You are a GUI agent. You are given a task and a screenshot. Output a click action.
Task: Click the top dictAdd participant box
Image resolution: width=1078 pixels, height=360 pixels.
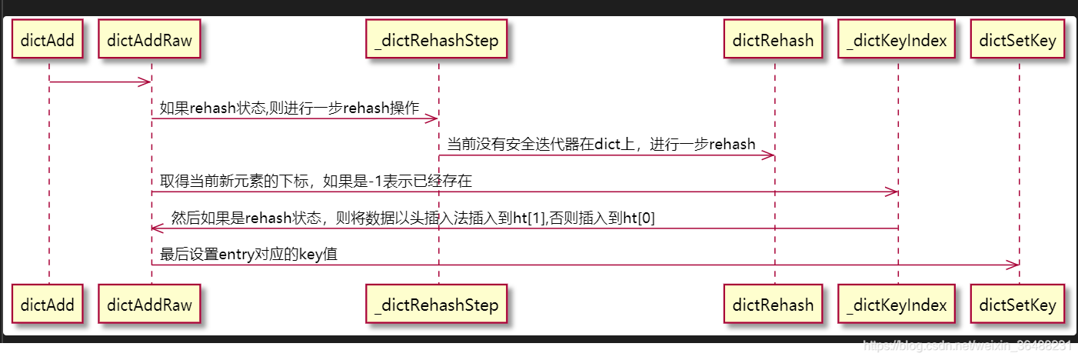coord(48,40)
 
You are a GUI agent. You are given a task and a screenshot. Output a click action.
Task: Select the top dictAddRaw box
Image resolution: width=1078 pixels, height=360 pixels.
coord(150,40)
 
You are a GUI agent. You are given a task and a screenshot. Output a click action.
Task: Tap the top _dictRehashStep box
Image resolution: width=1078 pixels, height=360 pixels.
coord(437,40)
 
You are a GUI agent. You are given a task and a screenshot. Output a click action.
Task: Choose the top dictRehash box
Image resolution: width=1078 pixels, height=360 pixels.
coord(774,40)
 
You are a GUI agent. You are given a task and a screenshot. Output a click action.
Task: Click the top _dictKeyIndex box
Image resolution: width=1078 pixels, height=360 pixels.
coord(897,40)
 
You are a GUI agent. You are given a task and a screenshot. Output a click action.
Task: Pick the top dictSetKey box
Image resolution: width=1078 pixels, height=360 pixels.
coord(1018,40)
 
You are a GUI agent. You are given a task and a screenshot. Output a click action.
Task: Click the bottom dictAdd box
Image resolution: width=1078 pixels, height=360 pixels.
coord(48,305)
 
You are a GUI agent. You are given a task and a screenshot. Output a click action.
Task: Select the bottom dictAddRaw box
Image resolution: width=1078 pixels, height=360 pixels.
coord(150,305)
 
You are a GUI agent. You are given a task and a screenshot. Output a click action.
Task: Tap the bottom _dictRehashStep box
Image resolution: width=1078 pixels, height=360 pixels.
coord(437,305)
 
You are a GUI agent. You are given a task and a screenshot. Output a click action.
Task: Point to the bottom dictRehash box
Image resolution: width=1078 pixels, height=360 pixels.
coord(774,305)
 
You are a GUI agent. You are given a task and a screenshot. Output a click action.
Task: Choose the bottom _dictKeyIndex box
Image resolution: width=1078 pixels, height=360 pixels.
coord(897,305)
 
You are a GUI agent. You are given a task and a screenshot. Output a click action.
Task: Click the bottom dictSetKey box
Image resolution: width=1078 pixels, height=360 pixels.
coord(1018,305)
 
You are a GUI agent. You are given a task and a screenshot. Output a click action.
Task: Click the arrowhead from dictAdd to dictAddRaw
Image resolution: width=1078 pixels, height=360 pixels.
coord(145,82)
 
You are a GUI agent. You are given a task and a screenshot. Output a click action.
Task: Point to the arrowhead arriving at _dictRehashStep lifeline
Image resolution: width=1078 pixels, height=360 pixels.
coord(432,119)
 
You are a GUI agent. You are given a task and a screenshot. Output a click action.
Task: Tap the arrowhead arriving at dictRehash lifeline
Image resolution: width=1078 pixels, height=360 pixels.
coord(769,155)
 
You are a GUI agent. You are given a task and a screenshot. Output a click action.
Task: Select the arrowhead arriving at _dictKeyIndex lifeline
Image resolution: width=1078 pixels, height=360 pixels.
coord(892,192)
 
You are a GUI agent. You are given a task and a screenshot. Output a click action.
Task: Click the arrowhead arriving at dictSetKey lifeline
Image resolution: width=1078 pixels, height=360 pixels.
coord(1013,265)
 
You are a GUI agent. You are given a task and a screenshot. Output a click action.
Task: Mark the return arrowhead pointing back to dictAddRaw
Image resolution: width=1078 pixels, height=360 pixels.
coord(156,228)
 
